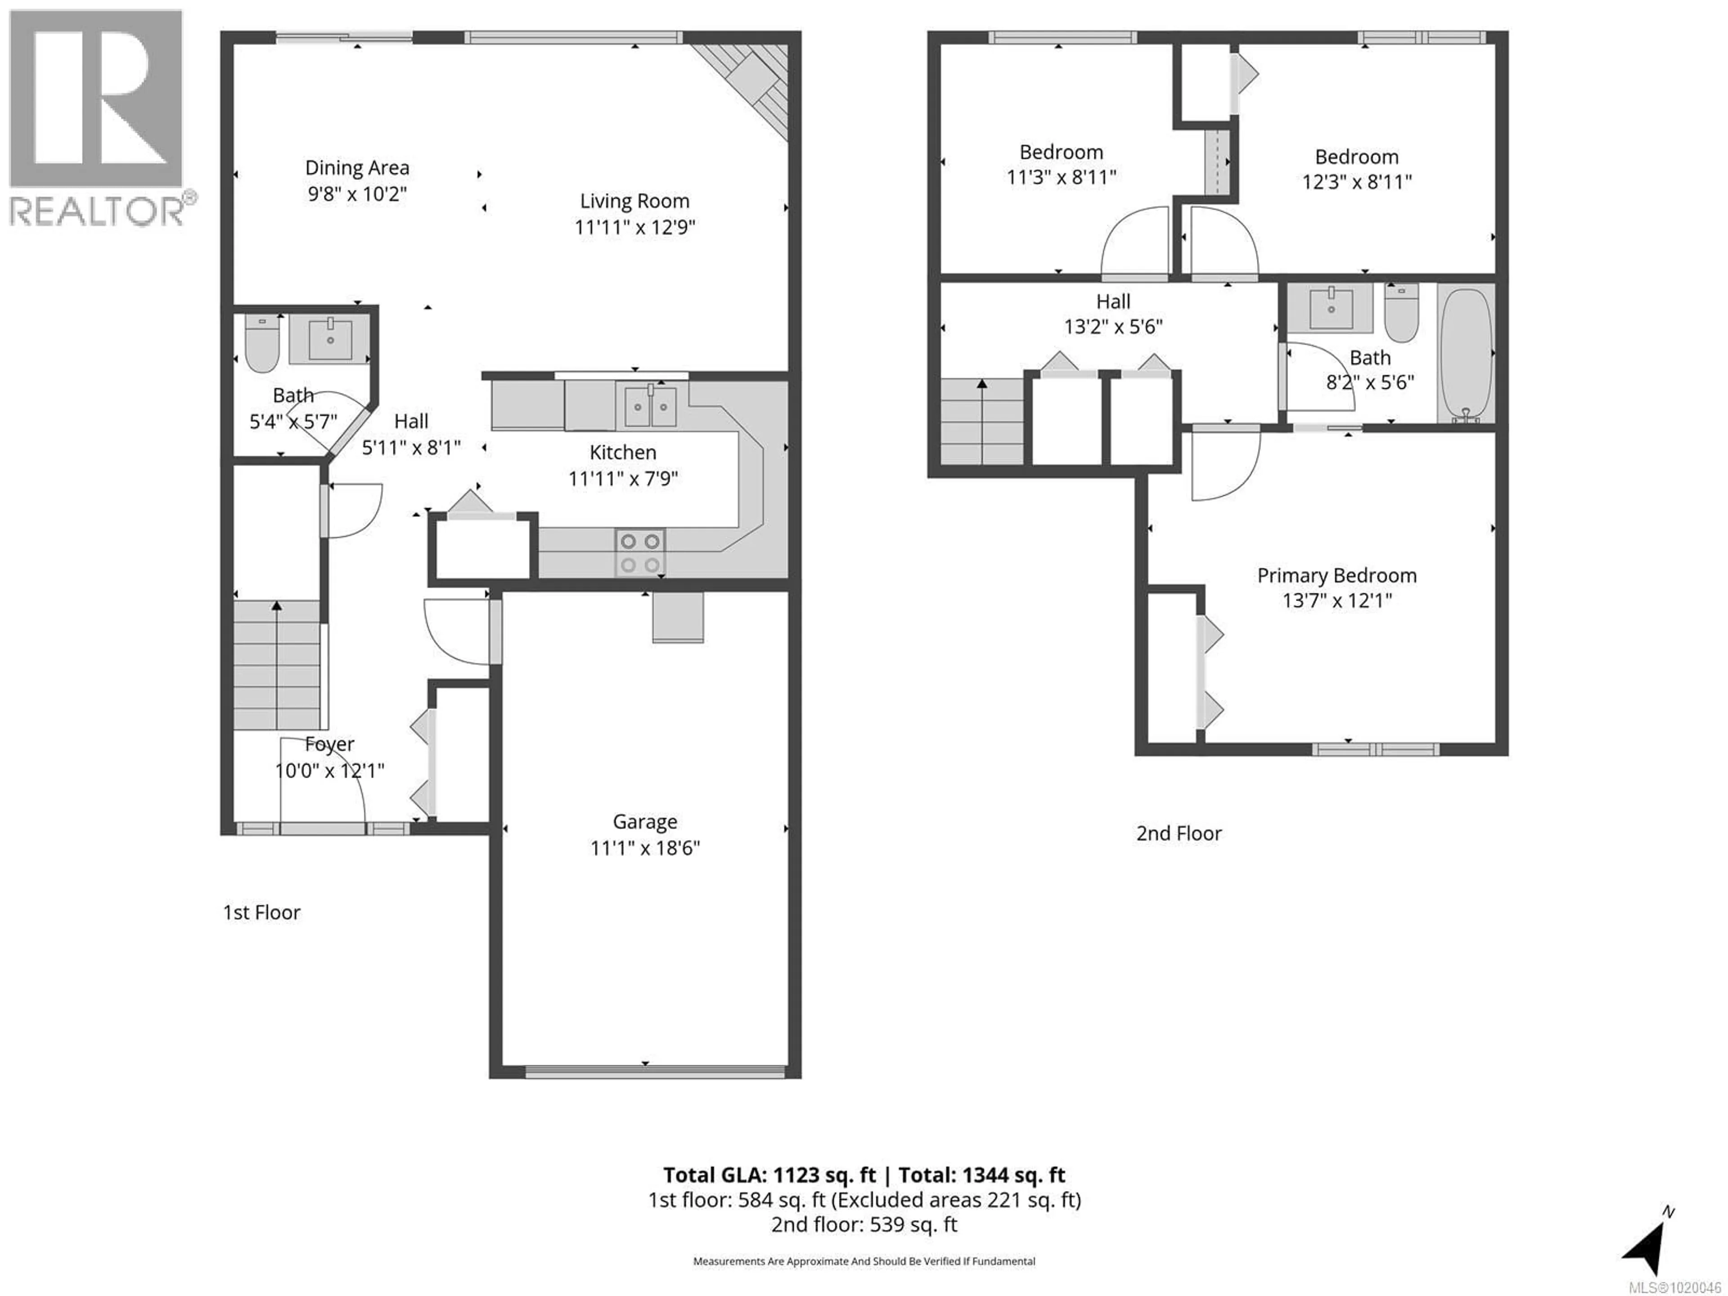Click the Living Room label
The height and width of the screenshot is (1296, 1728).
pos(634,202)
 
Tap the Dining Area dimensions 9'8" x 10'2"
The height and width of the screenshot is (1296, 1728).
pos(357,194)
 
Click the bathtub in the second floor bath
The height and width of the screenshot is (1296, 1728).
pos(1466,354)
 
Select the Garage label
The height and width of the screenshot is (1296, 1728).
pos(644,822)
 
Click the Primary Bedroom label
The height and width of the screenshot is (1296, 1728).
pos(1336,576)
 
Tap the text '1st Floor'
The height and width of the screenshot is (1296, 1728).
pos(262,913)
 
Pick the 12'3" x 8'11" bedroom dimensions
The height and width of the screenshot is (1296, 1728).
pos(1356,182)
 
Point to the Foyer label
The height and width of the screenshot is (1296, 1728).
pos(330,744)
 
